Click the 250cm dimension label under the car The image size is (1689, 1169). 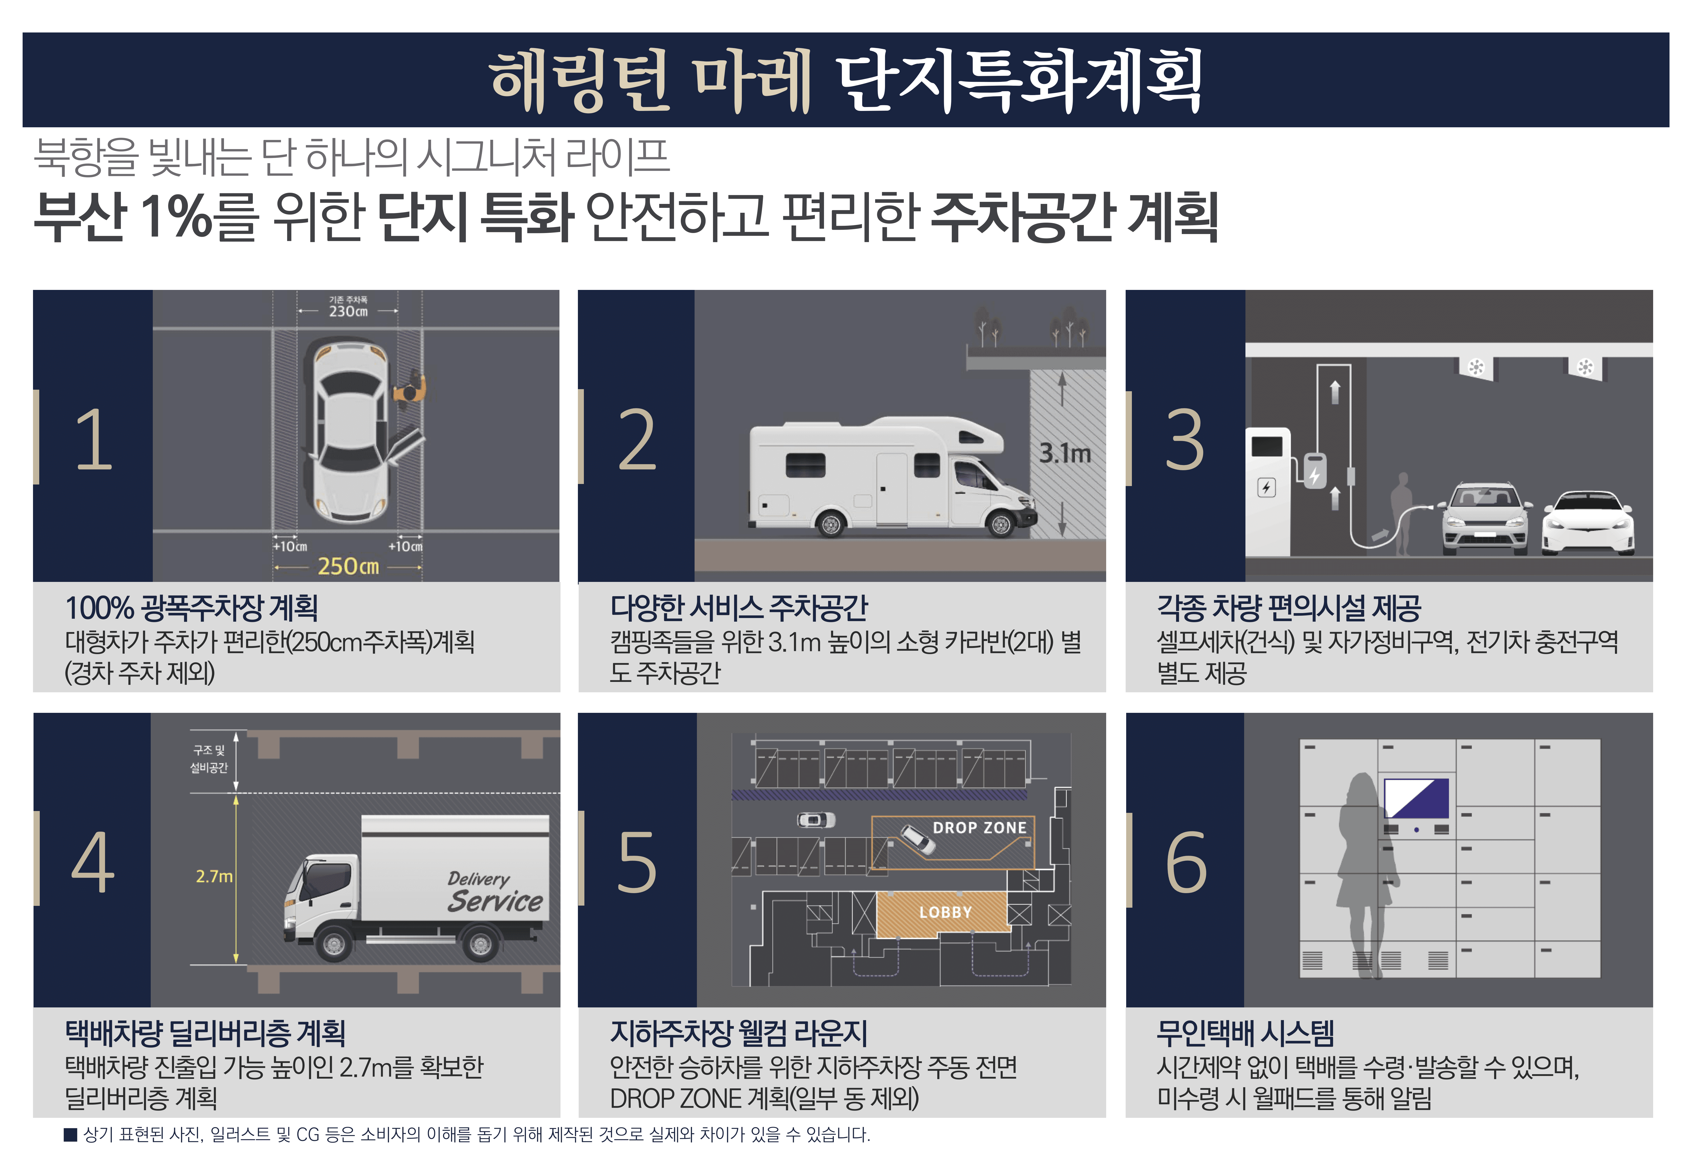348,566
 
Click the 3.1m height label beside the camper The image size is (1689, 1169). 1065,453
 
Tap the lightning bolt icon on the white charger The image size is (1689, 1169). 1266,487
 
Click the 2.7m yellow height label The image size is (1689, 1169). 214,876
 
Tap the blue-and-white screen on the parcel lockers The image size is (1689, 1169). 1416,798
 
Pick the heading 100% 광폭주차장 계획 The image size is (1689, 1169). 192,608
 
